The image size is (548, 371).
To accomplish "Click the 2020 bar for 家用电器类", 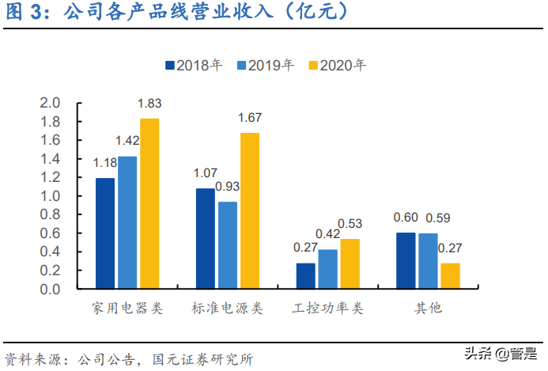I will pos(149,204).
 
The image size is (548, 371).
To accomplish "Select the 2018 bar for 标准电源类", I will pos(205,238).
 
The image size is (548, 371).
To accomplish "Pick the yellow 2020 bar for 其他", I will pos(450,276).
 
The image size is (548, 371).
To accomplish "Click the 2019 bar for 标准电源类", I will pos(227,245).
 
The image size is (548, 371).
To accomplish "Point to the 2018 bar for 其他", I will pos(405,260).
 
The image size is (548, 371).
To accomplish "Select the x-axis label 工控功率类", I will pos(327,308).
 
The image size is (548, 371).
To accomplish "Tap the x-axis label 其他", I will pos(428,308).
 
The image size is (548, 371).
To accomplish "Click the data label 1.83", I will pos(149,103).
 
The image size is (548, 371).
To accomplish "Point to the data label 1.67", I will pos(250,118).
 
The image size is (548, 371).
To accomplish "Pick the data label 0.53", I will pos(350,224).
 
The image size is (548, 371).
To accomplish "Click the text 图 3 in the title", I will pos(26,13).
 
